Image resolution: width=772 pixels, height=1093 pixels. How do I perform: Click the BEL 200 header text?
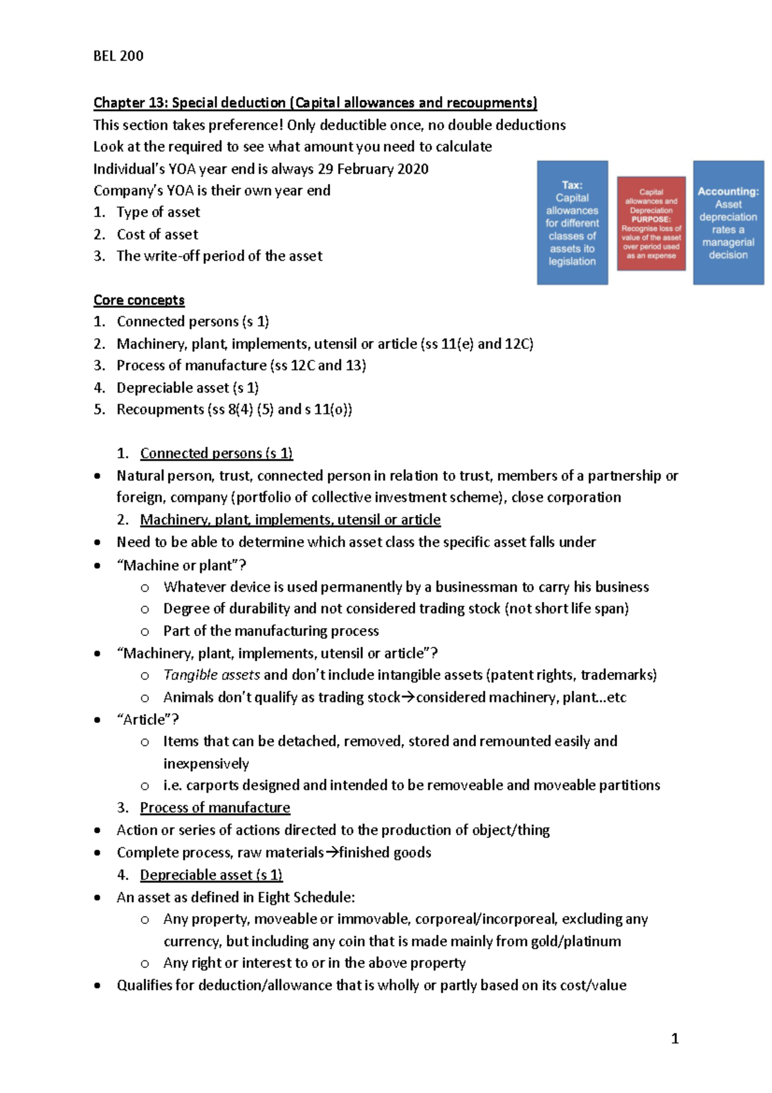118,56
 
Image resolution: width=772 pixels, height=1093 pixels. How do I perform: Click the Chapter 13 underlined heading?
315,103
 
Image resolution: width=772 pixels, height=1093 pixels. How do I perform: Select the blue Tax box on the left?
572,223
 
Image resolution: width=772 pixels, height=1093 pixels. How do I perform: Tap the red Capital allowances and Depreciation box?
651,223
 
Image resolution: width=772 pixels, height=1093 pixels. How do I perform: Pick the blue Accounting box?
728,223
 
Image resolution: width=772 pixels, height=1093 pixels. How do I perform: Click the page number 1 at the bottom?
674,1038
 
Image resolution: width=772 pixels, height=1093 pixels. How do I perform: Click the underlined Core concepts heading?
139,300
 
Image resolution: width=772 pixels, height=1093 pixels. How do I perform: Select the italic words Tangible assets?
211,675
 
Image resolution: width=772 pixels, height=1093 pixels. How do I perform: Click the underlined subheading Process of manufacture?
215,808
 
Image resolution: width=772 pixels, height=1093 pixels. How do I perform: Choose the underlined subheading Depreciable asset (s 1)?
211,875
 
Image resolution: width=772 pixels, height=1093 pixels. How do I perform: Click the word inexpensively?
206,764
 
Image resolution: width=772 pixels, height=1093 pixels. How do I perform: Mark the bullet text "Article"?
148,720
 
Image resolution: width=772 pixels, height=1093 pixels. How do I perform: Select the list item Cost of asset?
157,234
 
